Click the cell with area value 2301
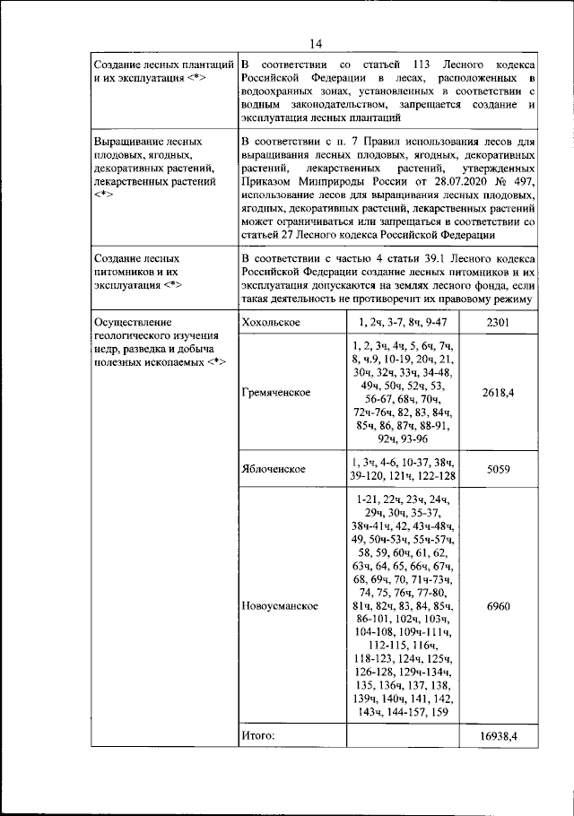point(498,321)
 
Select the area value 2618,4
point(498,393)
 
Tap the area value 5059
point(498,468)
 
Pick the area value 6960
point(498,606)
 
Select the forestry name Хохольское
point(270,321)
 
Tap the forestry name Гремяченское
point(275,393)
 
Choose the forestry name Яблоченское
point(274,469)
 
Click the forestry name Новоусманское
point(280,606)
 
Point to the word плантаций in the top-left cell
point(202,66)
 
